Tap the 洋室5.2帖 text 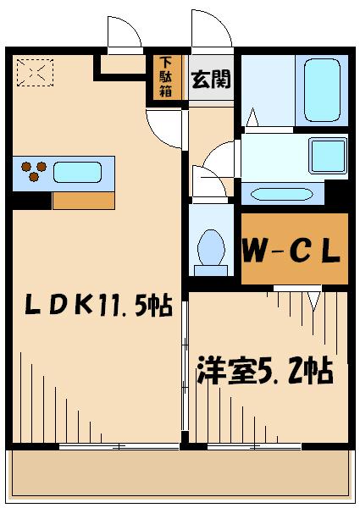point(264,370)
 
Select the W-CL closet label point(292,251)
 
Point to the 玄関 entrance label point(210,81)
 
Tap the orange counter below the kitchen point(83,201)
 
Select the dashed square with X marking point(34,73)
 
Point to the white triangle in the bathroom point(252,116)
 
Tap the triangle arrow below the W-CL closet point(313,296)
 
